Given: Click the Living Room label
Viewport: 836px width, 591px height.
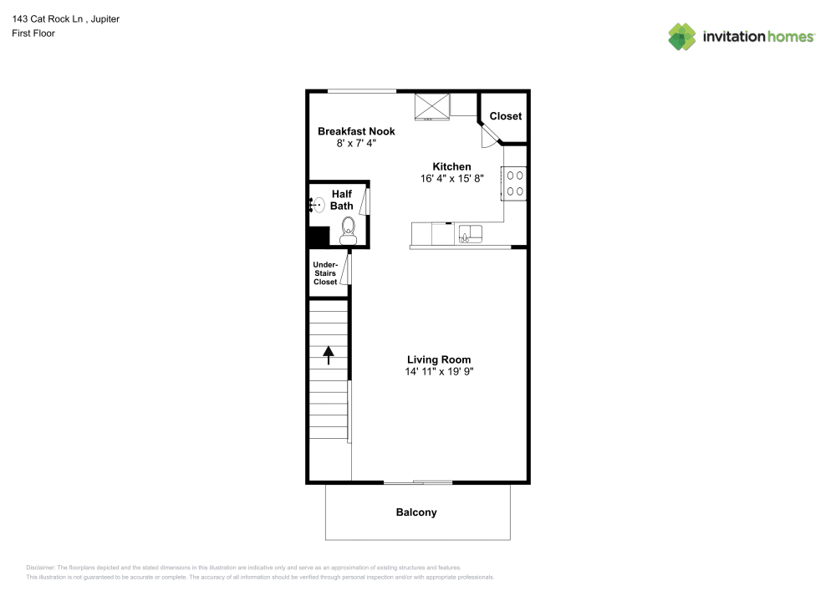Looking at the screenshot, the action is click(439, 359).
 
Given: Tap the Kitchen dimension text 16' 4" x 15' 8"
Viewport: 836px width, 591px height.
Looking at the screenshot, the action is click(451, 179).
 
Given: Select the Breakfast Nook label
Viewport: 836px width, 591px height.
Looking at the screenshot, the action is click(356, 131).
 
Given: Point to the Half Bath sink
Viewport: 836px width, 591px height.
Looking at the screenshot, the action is click(318, 205).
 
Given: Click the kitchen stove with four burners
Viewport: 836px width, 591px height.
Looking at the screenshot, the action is click(514, 183).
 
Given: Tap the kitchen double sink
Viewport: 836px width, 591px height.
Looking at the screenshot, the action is click(470, 233).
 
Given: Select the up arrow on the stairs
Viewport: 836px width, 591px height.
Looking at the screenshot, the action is click(329, 355).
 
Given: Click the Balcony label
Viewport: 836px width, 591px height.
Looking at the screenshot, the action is click(416, 512).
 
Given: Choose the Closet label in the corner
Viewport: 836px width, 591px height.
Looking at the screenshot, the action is click(506, 115).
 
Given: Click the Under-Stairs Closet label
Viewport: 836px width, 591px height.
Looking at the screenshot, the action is click(325, 273).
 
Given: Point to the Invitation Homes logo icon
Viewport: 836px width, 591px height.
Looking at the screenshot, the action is click(682, 37).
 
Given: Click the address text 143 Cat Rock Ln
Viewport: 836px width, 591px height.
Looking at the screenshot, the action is click(48, 18).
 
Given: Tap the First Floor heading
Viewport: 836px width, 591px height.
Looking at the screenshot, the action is click(33, 33).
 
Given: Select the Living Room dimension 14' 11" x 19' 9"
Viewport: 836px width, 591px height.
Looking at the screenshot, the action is click(440, 371).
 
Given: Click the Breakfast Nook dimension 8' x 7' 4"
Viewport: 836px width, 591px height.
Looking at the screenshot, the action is click(356, 143).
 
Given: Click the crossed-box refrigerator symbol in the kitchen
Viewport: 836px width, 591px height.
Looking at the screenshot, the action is click(432, 107).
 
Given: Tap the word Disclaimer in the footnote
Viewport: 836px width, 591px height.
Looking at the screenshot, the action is click(40, 568).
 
